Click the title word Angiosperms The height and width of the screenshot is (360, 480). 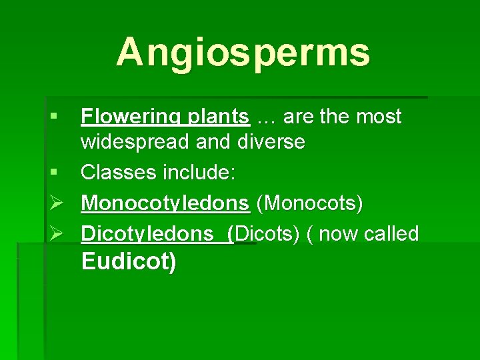coord(243,52)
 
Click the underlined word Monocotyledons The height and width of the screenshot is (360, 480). coord(165,203)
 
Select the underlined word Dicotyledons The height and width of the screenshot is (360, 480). coord(152,234)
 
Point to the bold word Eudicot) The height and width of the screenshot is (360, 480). coord(129,261)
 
